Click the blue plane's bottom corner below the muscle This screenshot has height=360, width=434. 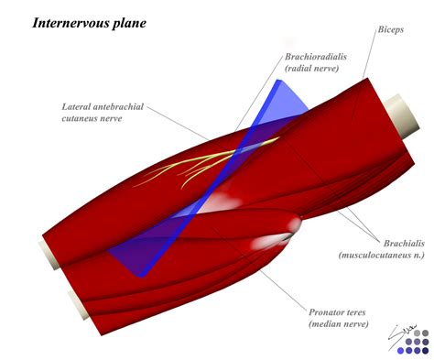click(x=140, y=272)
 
